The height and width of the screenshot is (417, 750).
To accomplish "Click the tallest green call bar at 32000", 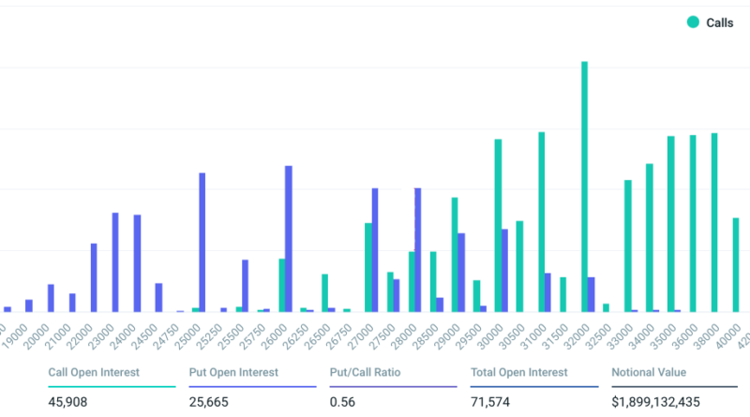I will click(x=584, y=187).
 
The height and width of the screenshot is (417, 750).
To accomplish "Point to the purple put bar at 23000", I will click(x=115, y=262).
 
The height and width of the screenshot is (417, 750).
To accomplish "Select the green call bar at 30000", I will click(x=498, y=226).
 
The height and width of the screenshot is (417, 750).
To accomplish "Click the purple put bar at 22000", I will click(x=94, y=277).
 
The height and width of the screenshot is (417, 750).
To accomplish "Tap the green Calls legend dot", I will click(x=692, y=22).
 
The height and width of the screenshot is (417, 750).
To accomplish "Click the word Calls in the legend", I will click(x=720, y=22).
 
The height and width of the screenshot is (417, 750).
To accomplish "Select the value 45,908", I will click(x=67, y=402).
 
